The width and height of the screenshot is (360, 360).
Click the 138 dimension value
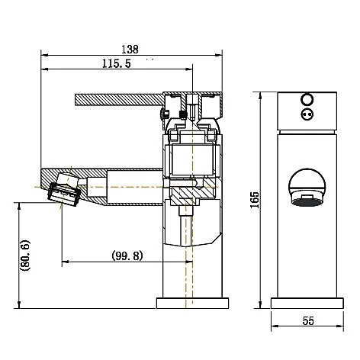[130, 49]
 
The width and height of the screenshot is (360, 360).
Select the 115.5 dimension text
[117, 63]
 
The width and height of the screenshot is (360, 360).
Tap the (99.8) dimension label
[127, 256]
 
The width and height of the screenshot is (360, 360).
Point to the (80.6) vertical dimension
[25, 256]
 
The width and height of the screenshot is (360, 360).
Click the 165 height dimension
[255, 200]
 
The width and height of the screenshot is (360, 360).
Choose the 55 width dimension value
[308, 321]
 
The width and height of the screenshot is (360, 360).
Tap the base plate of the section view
[192, 304]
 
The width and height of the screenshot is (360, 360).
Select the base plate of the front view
[307, 304]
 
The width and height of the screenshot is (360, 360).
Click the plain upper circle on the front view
[307, 100]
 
